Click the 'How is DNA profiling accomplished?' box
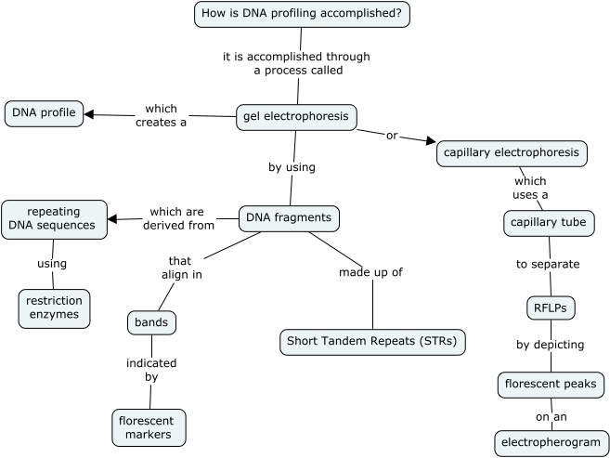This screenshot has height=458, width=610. click(302, 14)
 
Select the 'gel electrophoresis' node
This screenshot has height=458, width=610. click(296, 117)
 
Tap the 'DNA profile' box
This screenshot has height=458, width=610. click(44, 113)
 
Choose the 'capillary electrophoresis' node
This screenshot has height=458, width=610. click(512, 153)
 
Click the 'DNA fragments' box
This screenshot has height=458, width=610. click(289, 218)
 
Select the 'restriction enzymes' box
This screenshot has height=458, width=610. click(54, 308)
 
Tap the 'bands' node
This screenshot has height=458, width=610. click(151, 323)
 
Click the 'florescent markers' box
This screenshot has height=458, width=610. click(149, 427)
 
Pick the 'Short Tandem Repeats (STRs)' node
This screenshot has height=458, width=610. click(372, 342)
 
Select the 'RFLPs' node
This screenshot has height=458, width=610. click(549, 307)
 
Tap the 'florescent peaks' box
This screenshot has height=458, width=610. click(551, 384)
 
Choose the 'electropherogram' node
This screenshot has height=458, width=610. click(552, 442)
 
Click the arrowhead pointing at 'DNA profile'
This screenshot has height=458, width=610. click(90, 114)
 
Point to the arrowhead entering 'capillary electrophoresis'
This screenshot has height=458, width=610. click(430, 142)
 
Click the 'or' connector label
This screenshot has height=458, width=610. click(391, 136)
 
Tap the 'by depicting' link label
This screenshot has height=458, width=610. click(550, 345)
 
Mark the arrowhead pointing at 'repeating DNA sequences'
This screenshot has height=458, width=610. click(112, 219)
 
